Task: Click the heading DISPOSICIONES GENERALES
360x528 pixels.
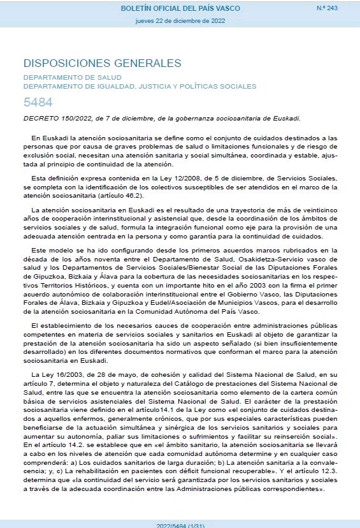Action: pos(102,63)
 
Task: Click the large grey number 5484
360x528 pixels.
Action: pos(38,103)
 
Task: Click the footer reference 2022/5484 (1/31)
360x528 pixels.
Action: pos(180,524)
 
